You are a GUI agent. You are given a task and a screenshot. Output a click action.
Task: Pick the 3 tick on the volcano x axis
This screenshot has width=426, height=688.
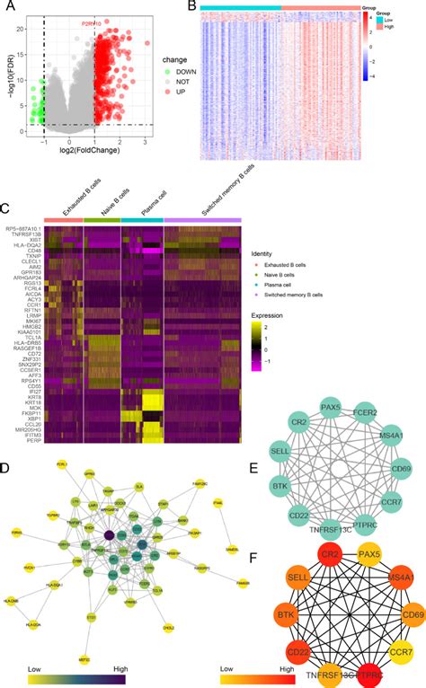coord(146,144)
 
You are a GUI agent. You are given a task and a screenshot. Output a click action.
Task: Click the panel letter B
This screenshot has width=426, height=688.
coord(192,7)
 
